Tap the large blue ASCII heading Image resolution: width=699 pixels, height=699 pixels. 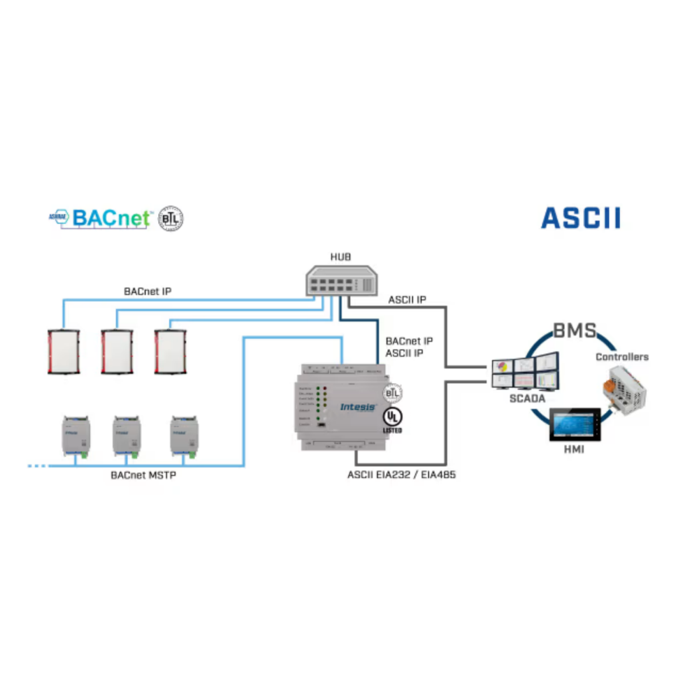pos(580,217)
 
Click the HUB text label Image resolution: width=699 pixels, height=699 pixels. pos(341,258)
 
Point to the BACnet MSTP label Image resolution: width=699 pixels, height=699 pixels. pos(142,475)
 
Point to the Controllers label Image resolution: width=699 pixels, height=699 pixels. pos(621,356)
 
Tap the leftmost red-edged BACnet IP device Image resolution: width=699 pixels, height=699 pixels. pos(63,352)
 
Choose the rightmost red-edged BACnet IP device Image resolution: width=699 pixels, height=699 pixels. pos(170,352)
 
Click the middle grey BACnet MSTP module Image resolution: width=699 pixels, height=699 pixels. pos(127,436)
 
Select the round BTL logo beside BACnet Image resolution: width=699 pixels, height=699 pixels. pos(171,218)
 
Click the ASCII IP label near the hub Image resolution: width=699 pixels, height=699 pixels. pos(408,301)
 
